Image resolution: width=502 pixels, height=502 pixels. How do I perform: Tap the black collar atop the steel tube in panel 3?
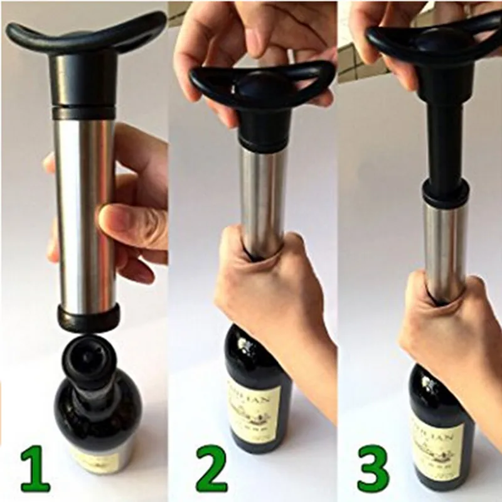click(x=445, y=191)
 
